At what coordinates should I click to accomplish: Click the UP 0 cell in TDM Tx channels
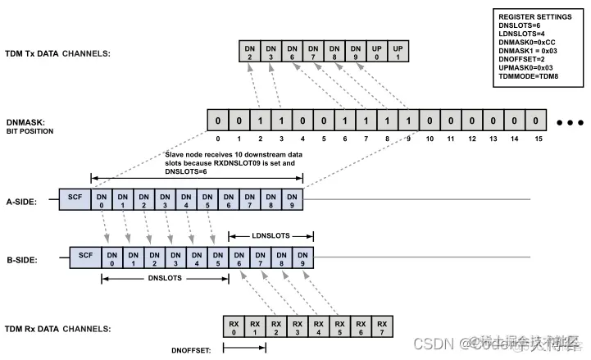tap(375, 53)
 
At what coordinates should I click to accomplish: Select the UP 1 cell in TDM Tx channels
tap(397, 53)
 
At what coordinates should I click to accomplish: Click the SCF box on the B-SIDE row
tap(86, 258)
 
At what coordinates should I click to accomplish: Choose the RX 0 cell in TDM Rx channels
tap(234, 328)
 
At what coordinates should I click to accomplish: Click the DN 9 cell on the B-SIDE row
tap(304, 258)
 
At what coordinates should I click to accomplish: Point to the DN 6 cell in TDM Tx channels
tap(291, 53)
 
